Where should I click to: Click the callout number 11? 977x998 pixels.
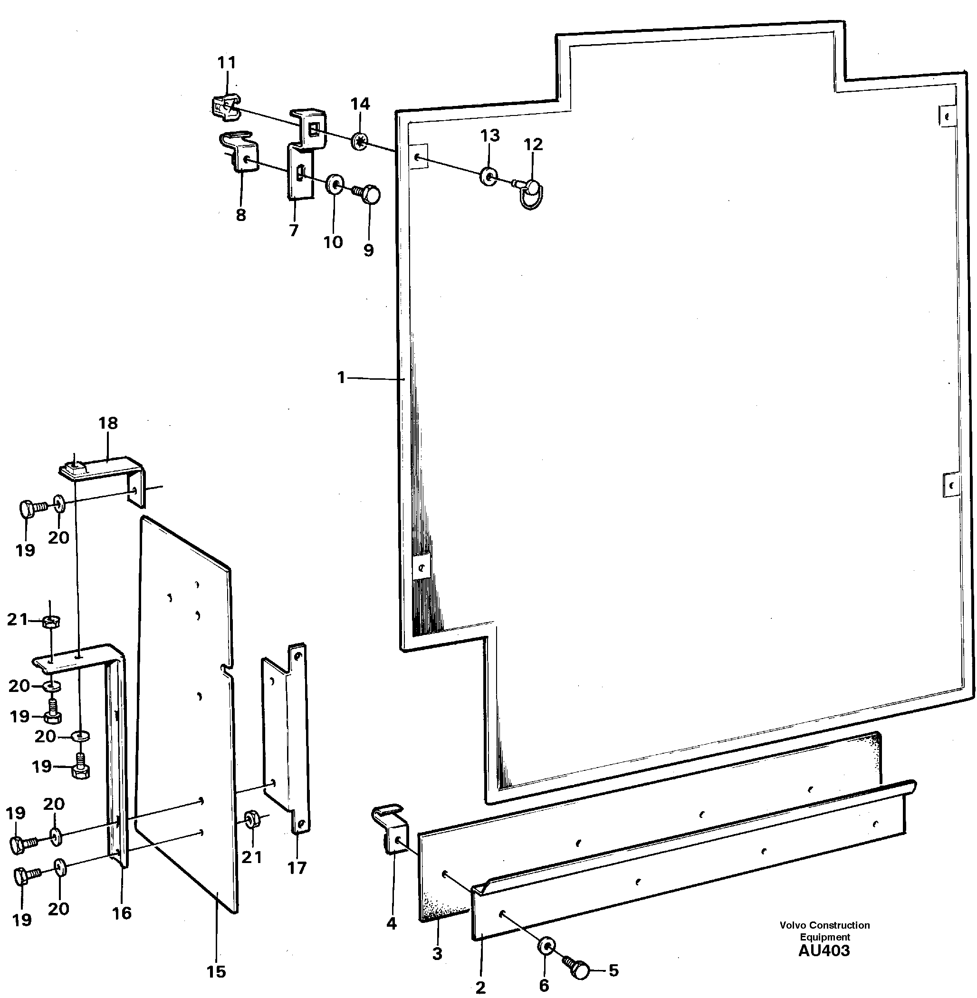tap(226, 63)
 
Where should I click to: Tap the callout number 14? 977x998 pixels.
tap(360, 104)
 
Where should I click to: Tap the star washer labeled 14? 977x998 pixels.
tap(360, 141)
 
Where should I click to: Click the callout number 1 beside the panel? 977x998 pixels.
tap(341, 378)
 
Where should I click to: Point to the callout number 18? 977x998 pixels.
tap(108, 423)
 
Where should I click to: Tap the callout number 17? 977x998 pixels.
tap(297, 868)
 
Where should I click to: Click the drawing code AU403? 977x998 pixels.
tap(824, 951)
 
